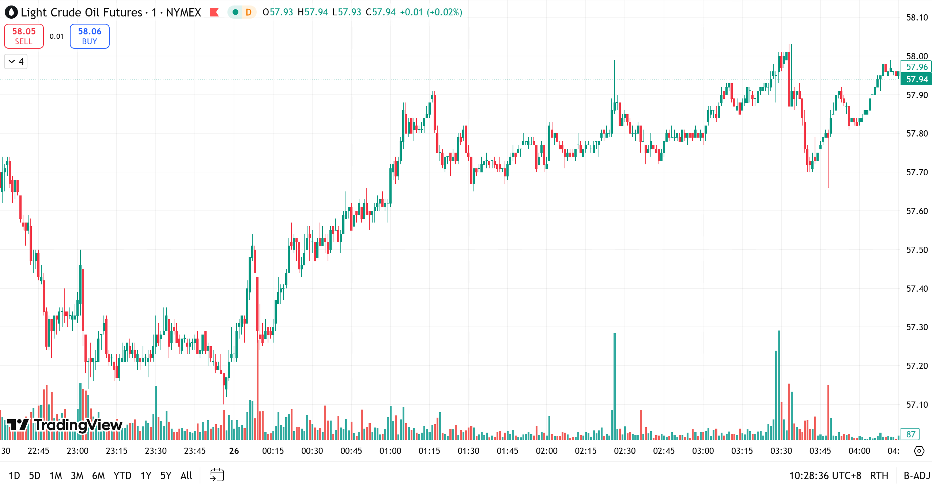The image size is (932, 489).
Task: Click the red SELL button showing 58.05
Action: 24,36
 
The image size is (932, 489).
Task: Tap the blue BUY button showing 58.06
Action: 90,36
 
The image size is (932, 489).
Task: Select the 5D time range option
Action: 34,475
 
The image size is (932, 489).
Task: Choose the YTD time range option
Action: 122,475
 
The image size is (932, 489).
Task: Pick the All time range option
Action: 186,475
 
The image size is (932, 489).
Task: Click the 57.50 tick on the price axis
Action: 917,250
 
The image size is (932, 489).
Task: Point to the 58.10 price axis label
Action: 917,18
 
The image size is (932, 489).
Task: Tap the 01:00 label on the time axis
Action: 390,451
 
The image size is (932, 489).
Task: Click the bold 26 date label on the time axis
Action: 234,451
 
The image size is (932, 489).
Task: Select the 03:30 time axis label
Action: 781,451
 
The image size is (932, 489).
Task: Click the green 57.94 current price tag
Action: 917,79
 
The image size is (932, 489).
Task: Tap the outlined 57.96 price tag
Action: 917,67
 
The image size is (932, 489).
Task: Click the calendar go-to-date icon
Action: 217,475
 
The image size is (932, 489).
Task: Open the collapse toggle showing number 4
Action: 16,61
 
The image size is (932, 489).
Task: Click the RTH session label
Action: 879,475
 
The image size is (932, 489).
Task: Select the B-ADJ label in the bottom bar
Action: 917,475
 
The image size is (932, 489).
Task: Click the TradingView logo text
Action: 78,425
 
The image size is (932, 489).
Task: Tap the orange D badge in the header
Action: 249,12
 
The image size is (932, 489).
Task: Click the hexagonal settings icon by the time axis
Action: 919,451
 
